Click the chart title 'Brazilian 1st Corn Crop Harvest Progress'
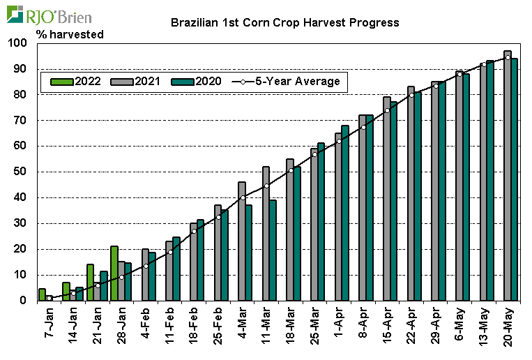click(285, 22)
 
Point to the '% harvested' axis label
click(65, 33)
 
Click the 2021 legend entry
click(136, 82)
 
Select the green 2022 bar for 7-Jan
click(42, 294)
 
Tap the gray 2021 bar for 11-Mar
click(266, 234)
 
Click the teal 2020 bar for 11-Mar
click(273, 250)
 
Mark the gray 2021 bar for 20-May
click(507, 176)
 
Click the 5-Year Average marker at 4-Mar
click(242, 197)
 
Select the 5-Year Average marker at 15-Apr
click(387, 110)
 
